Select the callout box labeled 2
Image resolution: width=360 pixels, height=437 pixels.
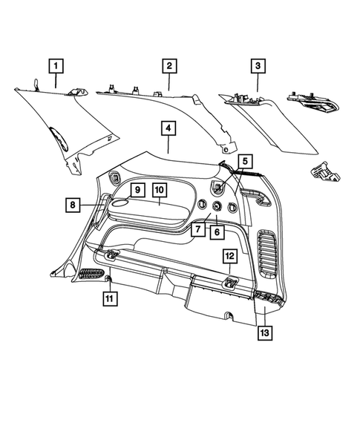coord(169,67)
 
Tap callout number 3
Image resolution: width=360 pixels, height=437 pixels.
coord(258,67)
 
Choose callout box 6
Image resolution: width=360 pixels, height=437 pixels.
coord(217,231)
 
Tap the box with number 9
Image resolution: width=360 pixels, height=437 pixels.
coord(137,190)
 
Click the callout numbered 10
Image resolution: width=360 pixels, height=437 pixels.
coord(160,190)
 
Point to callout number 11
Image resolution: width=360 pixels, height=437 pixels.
coord(109,300)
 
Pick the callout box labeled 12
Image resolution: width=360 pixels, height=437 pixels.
coord(230,256)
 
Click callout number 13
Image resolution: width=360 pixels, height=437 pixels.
coord(266,333)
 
